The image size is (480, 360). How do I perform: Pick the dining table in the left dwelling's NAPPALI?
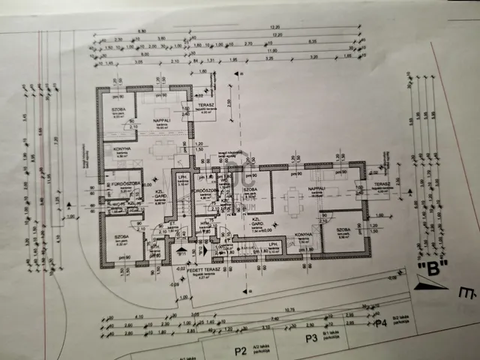pyautogui.click(x=162, y=148)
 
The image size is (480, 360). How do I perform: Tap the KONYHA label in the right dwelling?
pyautogui.click(x=304, y=235)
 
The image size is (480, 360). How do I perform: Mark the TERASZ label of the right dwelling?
pyautogui.click(x=382, y=184)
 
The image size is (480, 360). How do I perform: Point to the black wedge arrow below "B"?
pyautogui.click(x=428, y=283)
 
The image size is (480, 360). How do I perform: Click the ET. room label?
pyautogui.click(x=172, y=224)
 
